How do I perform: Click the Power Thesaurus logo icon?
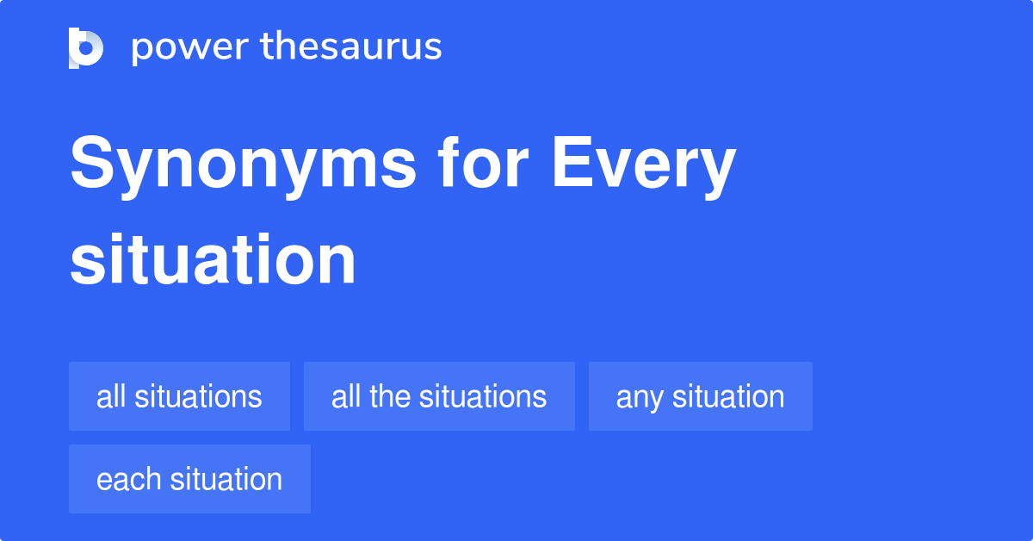tap(85, 47)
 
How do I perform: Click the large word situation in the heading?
tap(213, 259)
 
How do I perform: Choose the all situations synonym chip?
tap(179, 396)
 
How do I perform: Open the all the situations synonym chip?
tap(439, 396)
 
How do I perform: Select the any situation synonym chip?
tap(700, 396)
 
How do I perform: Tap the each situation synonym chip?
tap(189, 479)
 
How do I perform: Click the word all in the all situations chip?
tap(110, 396)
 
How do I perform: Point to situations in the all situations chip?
tap(197, 396)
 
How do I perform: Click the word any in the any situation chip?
tap(640, 398)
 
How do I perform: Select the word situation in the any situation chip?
tap(728, 396)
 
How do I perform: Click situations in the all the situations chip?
tap(482, 396)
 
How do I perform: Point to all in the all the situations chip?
tap(345, 396)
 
